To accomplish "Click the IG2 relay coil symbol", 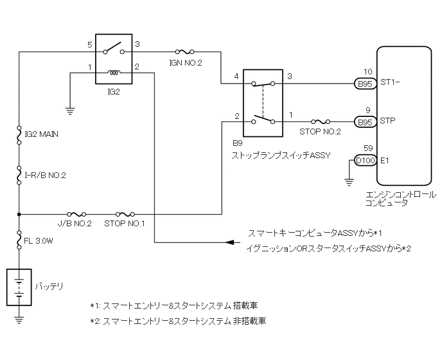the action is coord(114,73).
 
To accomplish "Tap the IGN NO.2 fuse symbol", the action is coord(184,51).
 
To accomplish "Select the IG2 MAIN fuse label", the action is coord(41,134).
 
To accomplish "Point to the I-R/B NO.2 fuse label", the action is coord(45,175).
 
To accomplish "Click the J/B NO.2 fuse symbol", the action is coord(76,214).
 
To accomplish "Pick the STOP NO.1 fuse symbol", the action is coord(125,214).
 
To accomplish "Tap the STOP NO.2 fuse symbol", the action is coord(321,122).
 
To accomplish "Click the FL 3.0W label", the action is coord(39,241).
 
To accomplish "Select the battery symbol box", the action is coord(19,287).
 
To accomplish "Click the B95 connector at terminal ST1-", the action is coord(366,84).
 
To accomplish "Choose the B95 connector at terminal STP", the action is coord(366,122).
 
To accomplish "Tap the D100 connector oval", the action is coord(366,161).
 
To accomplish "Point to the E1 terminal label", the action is coord(384,161).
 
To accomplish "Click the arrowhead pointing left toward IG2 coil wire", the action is coord(230,242).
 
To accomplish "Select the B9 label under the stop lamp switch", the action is coord(237,143).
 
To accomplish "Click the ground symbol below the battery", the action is coord(19,320).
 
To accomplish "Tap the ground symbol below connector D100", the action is coord(349,183).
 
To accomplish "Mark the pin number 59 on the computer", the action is coord(368,148).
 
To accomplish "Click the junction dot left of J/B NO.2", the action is coord(19,215).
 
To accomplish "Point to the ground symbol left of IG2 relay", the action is coord(70,111).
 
